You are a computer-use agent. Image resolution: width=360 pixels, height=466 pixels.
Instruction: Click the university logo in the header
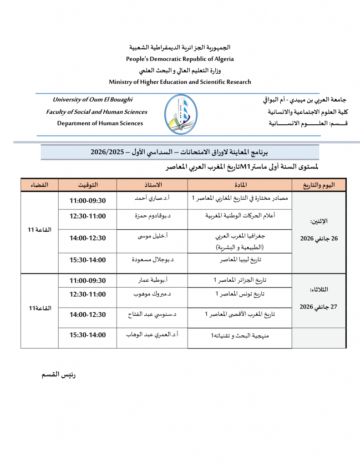pyautogui.click(x=181, y=114)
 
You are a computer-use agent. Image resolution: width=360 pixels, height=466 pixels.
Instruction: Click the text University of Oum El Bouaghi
pyautogui.click(x=93, y=100)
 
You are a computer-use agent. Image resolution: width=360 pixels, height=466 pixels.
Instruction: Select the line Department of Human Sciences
pyautogui.click(x=100, y=123)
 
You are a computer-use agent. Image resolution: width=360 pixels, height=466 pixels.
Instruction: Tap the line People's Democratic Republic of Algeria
pyautogui.click(x=180, y=59)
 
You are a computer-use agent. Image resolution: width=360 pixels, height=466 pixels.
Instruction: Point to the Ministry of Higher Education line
pyautogui.click(x=180, y=82)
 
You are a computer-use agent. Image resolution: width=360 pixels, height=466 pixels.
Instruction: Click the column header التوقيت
pyautogui.click(x=87, y=185)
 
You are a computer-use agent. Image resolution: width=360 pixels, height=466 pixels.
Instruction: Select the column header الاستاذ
pyautogui.click(x=152, y=185)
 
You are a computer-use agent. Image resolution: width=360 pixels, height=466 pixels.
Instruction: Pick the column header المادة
pyautogui.click(x=239, y=185)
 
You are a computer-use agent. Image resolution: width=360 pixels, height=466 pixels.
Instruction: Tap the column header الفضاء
pyautogui.click(x=39, y=185)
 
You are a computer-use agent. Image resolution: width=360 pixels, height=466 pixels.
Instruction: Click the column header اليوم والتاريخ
pyautogui.click(x=319, y=185)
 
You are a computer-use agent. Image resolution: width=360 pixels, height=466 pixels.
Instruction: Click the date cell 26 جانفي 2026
pyautogui.click(x=319, y=238)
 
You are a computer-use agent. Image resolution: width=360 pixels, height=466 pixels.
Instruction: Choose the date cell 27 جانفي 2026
pyautogui.click(x=319, y=307)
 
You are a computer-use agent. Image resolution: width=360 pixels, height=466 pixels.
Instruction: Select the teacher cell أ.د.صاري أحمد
pyautogui.click(x=152, y=199)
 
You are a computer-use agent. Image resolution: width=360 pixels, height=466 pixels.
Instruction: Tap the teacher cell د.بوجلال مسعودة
pyautogui.click(x=152, y=260)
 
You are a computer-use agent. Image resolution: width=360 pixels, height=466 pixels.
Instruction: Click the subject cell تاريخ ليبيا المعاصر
pyautogui.click(x=239, y=260)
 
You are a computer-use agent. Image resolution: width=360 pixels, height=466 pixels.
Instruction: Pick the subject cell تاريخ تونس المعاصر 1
pyautogui.click(x=239, y=294)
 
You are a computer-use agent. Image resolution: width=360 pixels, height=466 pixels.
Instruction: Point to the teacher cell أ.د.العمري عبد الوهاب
pyautogui.click(x=152, y=335)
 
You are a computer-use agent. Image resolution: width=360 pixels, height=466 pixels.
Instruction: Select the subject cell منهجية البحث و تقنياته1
pyautogui.click(x=239, y=336)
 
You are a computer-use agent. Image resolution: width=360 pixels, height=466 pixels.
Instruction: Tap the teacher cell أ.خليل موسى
pyautogui.click(x=152, y=237)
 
